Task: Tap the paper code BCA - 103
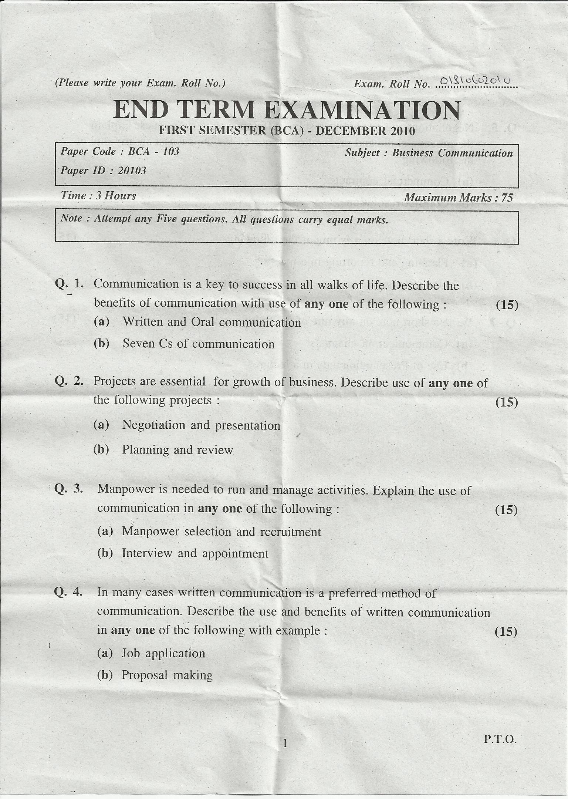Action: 154,151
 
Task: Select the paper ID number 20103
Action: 132,171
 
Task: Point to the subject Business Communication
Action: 452,153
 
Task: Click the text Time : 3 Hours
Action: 98,196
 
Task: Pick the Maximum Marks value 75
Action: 507,198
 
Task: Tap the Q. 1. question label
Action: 69,284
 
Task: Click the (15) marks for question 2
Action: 506,402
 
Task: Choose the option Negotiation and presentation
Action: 201,425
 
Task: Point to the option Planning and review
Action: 177,450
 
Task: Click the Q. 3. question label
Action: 69,489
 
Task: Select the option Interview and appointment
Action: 195,553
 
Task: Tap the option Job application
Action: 163,653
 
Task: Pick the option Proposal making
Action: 167,675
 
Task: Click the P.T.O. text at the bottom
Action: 500,739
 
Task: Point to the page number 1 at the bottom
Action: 285,743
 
